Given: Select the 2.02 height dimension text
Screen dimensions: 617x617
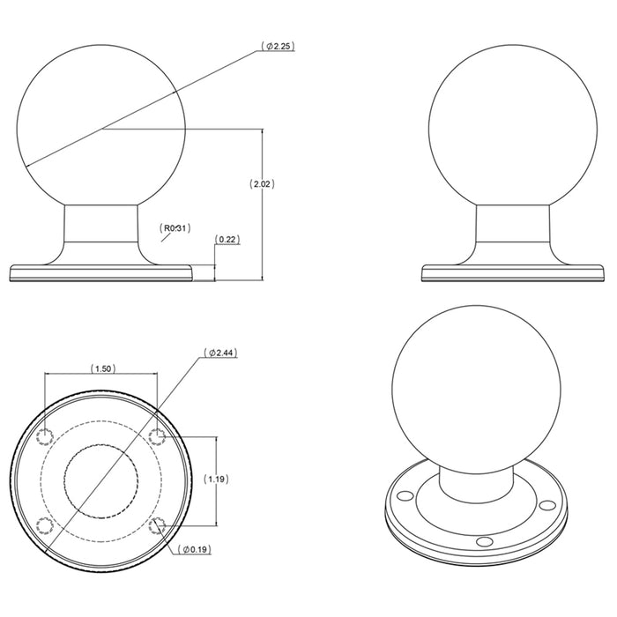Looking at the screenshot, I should click(262, 184).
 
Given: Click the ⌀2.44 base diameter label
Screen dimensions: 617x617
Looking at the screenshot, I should click(222, 353).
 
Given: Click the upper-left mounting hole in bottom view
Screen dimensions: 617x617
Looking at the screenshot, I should click(46, 435).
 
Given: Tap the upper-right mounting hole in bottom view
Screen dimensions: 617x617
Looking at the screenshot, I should click(157, 435).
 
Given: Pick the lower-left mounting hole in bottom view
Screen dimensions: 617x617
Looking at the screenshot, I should click(46, 525).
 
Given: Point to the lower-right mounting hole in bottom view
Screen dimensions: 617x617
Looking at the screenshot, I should click(157, 525).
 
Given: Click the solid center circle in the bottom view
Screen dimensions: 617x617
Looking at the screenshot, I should click(101, 480).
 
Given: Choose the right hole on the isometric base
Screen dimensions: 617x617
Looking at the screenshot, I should click(547, 505).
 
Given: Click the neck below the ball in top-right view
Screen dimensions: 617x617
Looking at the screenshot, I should click(514, 227).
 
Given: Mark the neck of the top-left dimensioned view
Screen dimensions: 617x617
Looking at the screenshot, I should click(101, 227).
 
